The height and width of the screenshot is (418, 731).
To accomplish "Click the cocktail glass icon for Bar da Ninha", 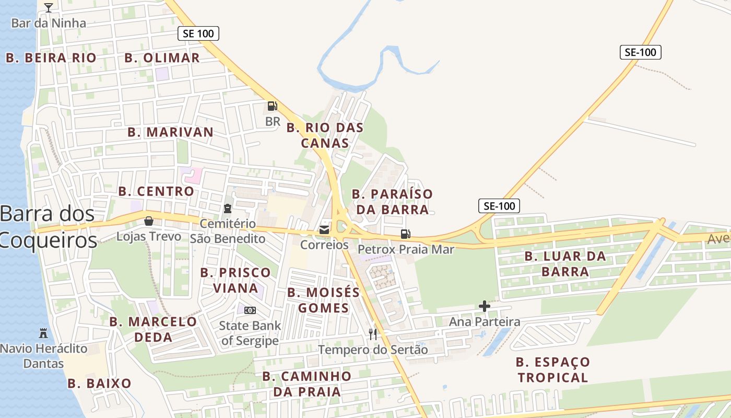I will click(49, 7).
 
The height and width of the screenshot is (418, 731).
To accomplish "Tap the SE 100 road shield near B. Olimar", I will click(198, 33).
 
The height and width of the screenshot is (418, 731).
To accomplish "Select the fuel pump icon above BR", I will click(272, 106).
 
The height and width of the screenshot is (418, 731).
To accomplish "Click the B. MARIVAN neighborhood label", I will click(170, 132).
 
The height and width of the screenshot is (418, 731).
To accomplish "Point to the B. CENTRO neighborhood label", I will click(156, 191).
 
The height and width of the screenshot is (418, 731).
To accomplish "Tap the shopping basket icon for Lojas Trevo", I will click(149, 221).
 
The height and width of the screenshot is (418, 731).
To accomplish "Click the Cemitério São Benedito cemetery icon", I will click(227, 209).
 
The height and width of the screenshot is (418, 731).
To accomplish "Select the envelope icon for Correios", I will click(324, 229).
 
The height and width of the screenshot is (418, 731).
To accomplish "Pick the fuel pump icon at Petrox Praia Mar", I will click(405, 234).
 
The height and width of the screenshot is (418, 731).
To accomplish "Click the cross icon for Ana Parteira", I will click(485, 306).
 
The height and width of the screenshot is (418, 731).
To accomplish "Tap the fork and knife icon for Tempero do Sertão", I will click(373, 334).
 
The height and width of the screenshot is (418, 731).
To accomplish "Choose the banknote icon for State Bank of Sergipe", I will click(250, 310).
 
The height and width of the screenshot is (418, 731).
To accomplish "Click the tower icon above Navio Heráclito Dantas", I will click(43, 333).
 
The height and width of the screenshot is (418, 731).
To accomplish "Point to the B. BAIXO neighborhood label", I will click(99, 384).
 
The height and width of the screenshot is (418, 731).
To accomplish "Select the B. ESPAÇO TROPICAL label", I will click(553, 369).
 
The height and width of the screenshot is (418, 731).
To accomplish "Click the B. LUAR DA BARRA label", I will click(565, 264).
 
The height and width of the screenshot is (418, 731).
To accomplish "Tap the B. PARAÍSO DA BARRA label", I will click(392, 202).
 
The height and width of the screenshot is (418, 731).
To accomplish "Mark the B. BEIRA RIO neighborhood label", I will click(51, 58).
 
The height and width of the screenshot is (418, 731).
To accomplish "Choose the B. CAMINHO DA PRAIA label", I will click(306, 384).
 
